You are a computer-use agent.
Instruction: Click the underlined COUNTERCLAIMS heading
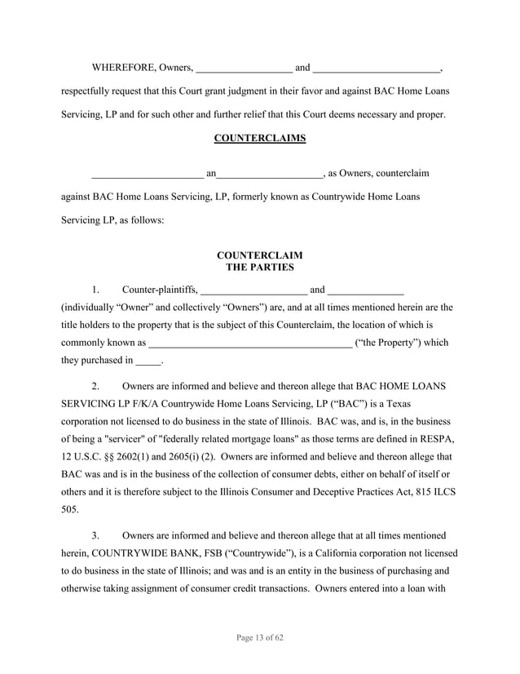(259, 138)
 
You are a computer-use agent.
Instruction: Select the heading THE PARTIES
(259, 267)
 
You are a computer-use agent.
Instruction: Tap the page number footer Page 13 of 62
(259, 636)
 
